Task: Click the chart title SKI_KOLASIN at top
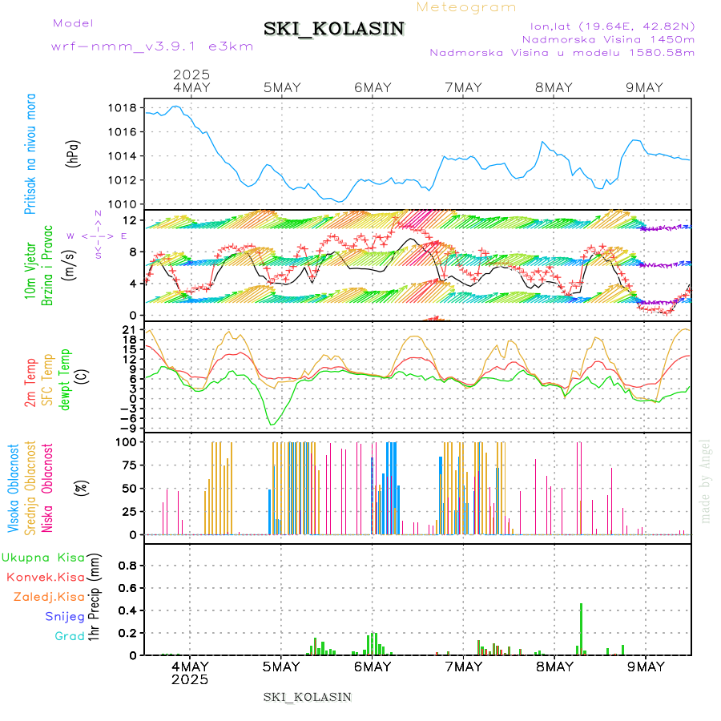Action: click(x=334, y=29)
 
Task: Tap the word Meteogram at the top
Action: click(x=467, y=7)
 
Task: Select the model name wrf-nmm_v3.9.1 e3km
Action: click(x=152, y=46)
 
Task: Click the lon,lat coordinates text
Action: click(x=606, y=26)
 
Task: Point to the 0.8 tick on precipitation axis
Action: click(x=127, y=566)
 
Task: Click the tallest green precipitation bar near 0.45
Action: click(x=581, y=629)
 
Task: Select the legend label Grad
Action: click(x=70, y=637)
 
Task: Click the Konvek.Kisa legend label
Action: click(x=45, y=577)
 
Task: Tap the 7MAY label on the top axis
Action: click(x=463, y=88)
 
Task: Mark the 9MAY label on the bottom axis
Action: click(x=645, y=667)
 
